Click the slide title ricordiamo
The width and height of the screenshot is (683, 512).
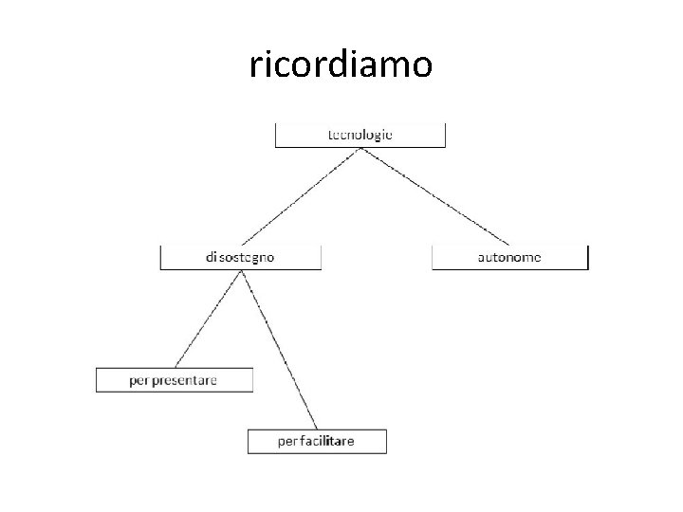[x=341, y=64]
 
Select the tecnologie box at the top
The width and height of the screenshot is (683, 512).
[x=360, y=135]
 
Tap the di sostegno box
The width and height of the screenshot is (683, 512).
[x=241, y=257]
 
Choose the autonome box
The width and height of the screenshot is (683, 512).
[x=509, y=257]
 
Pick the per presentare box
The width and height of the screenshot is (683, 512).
[x=175, y=379]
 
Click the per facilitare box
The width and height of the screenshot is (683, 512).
[x=318, y=441]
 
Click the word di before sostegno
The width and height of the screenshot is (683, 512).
[x=211, y=257]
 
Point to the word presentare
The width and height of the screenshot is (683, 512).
[x=185, y=380]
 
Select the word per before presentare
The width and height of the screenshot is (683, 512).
[x=139, y=381]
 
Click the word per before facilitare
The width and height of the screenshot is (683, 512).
[x=287, y=442]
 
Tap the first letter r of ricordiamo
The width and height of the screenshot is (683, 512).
[x=255, y=66]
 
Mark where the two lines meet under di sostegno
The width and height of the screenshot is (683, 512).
[x=242, y=271]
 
